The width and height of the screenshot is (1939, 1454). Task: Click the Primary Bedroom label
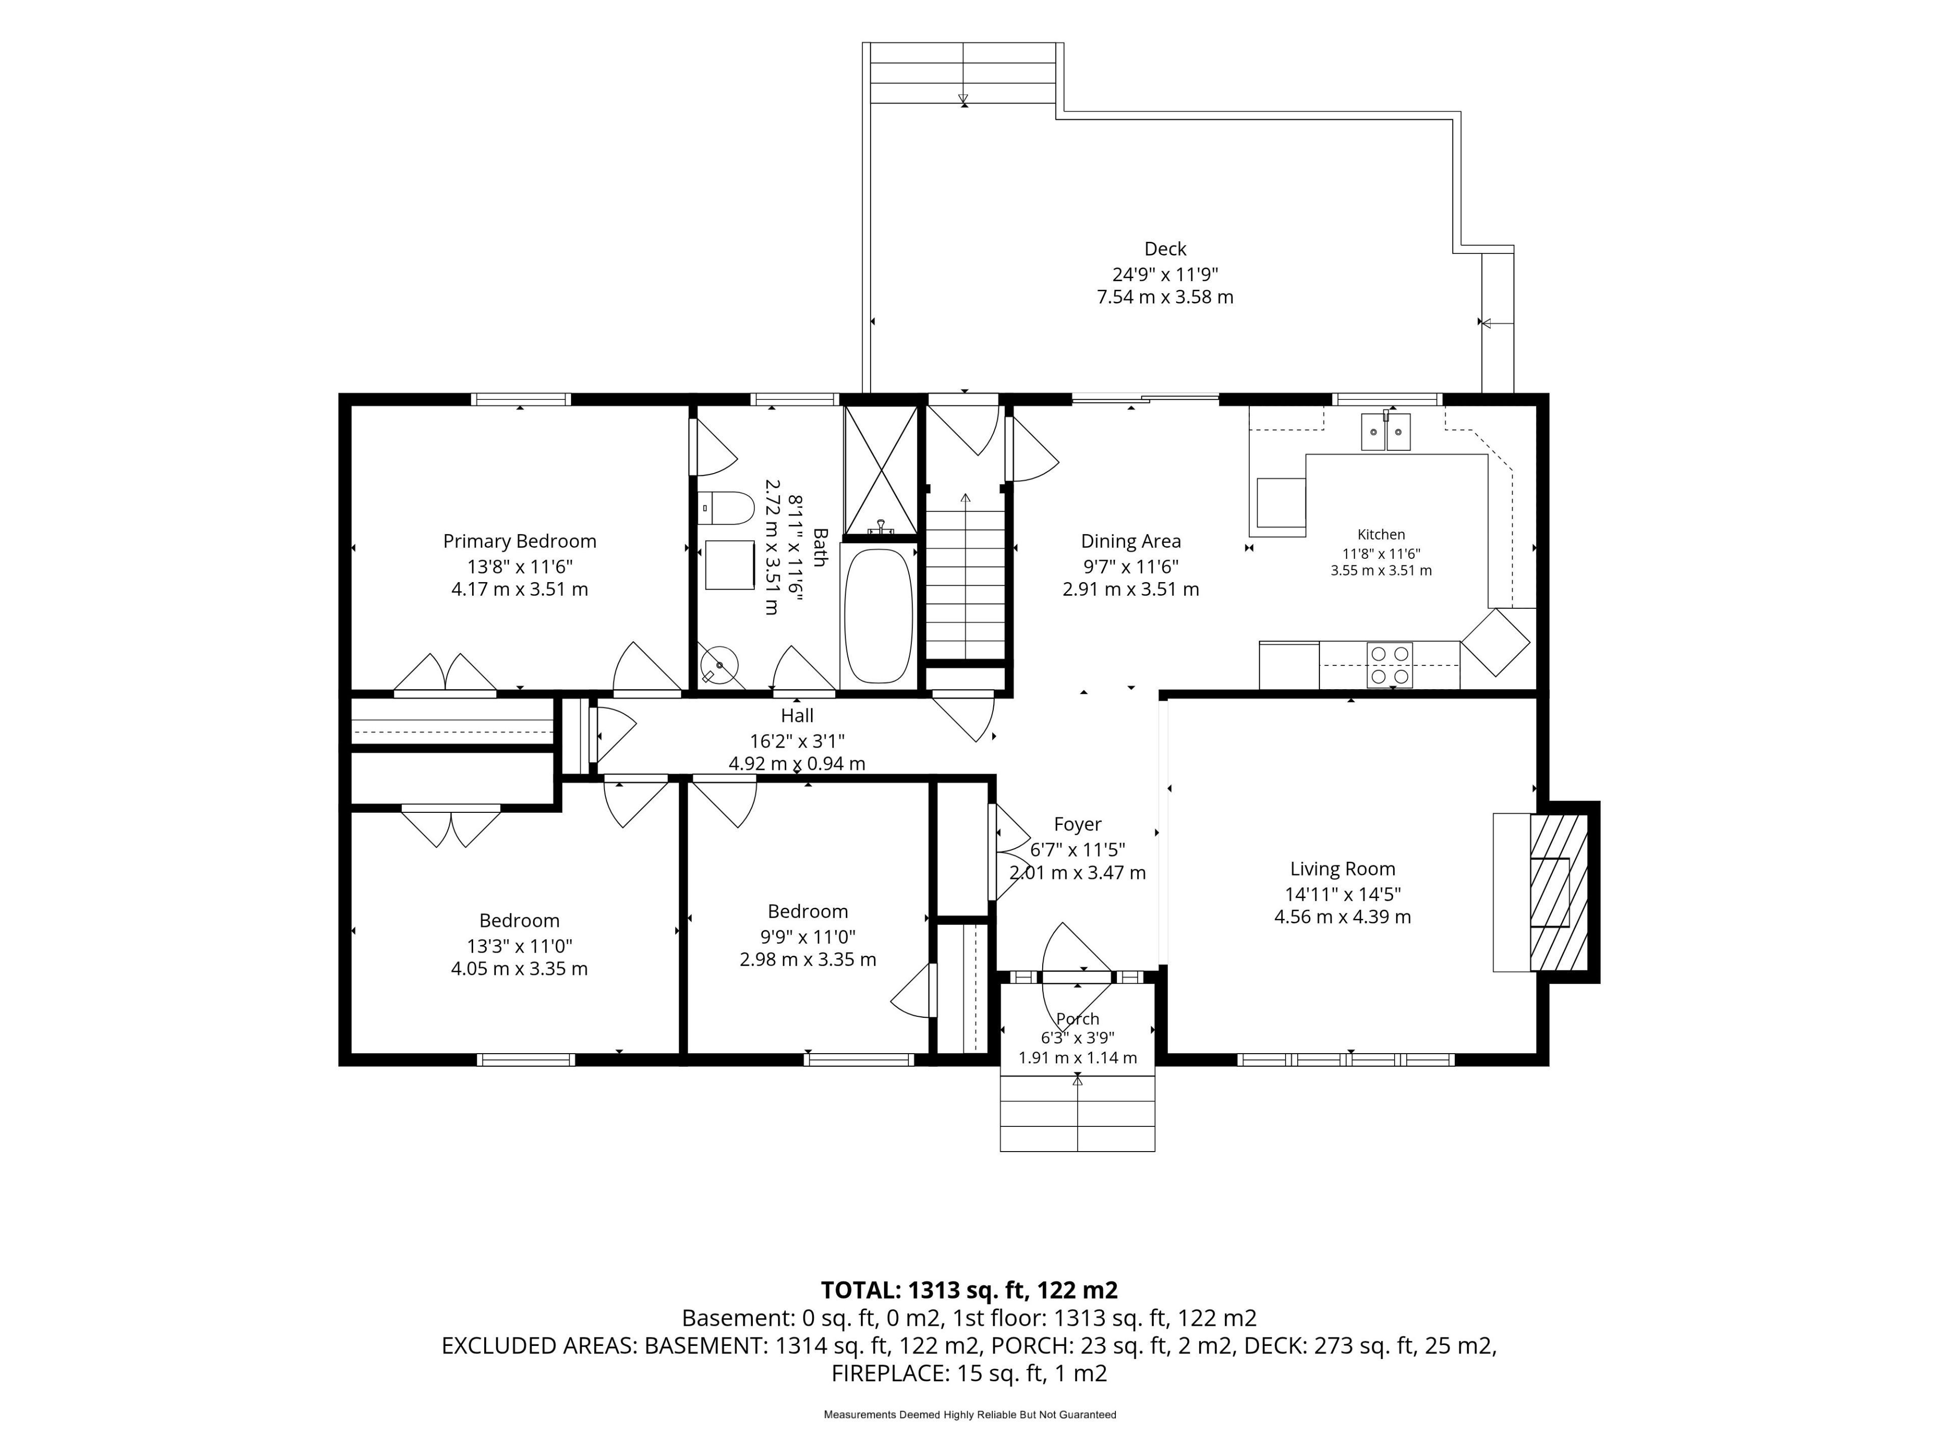click(519, 542)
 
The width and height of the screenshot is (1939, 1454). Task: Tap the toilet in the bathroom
click(727, 507)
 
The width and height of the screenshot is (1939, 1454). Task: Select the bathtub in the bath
click(878, 616)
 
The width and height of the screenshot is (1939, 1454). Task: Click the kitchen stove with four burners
click(1390, 665)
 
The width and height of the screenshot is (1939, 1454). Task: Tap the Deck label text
click(1165, 249)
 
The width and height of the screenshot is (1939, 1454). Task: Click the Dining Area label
click(1131, 542)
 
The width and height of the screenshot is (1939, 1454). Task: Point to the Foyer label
click(1078, 825)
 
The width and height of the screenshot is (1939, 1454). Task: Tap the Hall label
click(797, 716)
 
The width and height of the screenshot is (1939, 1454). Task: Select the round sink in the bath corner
click(720, 664)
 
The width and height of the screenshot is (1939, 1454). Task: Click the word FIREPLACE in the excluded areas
click(888, 1373)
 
